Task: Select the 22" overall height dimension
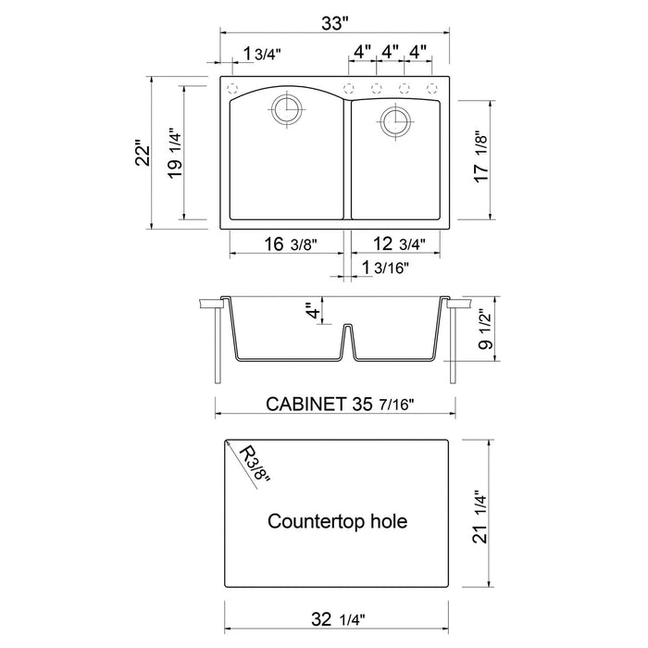click(x=142, y=154)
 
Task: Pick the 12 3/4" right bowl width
click(x=396, y=244)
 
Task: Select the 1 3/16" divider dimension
click(x=387, y=268)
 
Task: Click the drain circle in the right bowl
click(x=395, y=120)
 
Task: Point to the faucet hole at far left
click(x=232, y=89)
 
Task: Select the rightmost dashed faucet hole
click(x=431, y=89)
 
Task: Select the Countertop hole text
click(x=337, y=521)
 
